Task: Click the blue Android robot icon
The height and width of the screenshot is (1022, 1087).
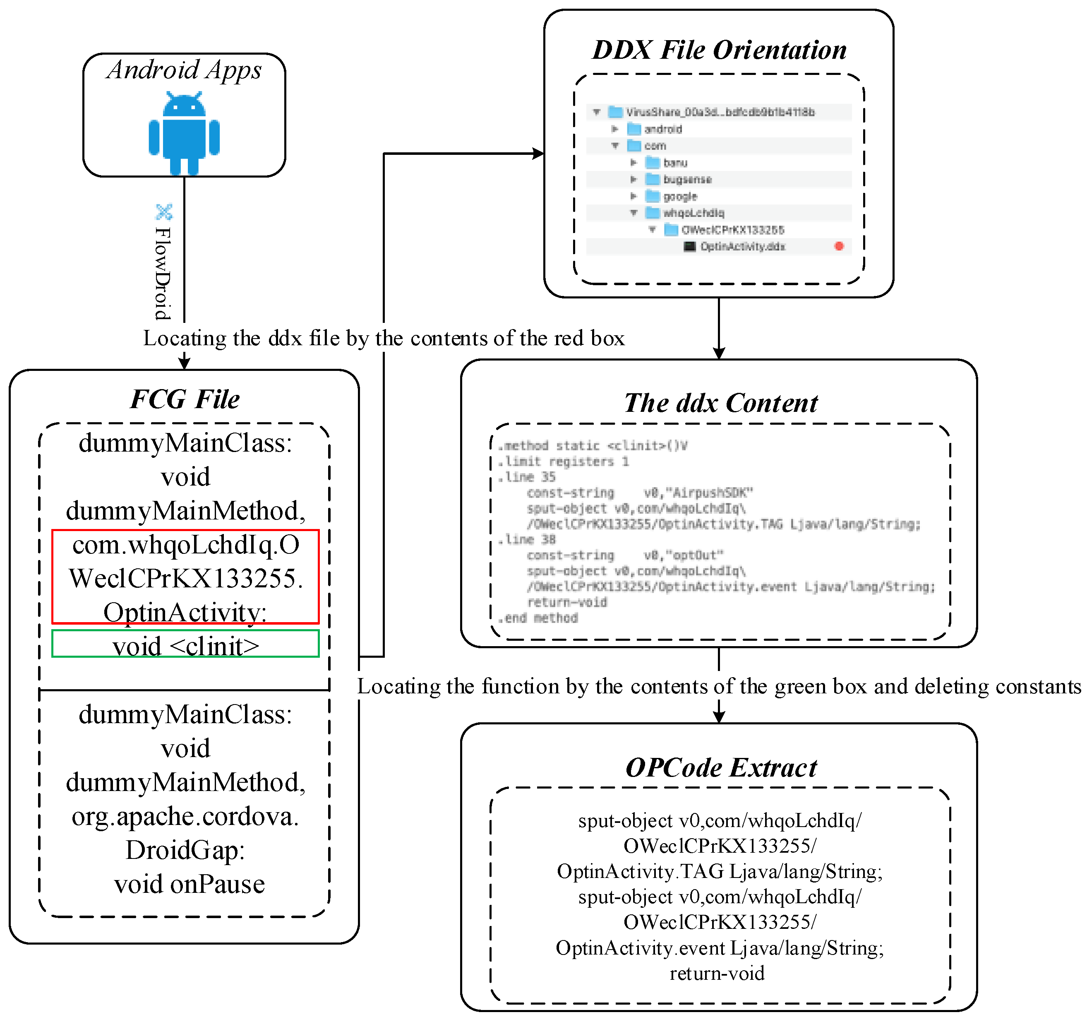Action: [x=184, y=134]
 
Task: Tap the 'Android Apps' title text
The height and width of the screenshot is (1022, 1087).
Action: [x=184, y=70]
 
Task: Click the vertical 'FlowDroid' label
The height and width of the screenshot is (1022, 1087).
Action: [x=162, y=274]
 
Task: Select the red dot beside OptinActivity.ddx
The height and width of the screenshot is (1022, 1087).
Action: [x=839, y=246]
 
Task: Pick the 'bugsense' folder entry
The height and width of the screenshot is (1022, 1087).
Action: [x=687, y=180]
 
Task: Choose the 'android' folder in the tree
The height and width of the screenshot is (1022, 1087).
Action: [x=663, y=129]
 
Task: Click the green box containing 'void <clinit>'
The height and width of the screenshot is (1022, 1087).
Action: [x=185, y=644]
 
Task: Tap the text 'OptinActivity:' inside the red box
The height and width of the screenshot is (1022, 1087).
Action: [x=185, y=612]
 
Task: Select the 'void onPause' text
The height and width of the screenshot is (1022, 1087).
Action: [x=189, y=884]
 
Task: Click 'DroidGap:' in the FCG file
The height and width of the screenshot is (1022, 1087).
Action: [x=185, y=850]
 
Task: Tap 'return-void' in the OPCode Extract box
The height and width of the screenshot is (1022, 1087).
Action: [x=717, y=973]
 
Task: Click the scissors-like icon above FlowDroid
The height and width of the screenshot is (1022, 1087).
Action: [x=164, y=211]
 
